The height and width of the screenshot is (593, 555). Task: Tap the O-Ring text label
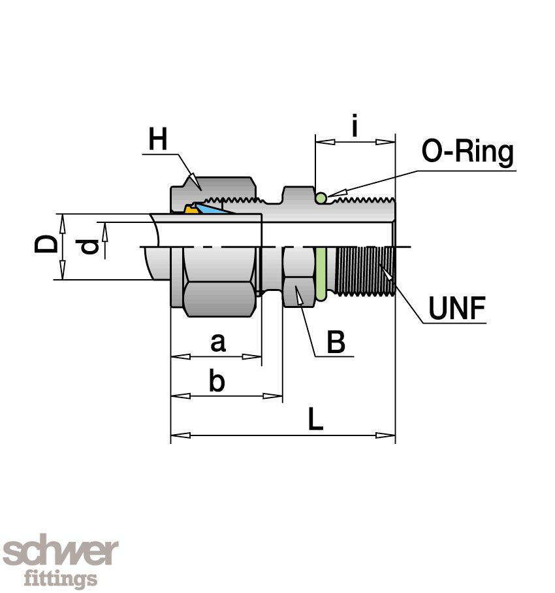468,152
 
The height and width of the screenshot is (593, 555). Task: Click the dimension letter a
218,342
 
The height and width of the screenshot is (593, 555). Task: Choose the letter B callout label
336,342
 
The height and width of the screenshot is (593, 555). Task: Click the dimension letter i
355,126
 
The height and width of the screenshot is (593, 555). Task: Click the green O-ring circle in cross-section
321,197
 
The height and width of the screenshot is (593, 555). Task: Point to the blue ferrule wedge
212,209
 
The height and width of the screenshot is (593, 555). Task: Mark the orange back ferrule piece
191,209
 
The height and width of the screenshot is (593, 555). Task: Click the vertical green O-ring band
321,275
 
